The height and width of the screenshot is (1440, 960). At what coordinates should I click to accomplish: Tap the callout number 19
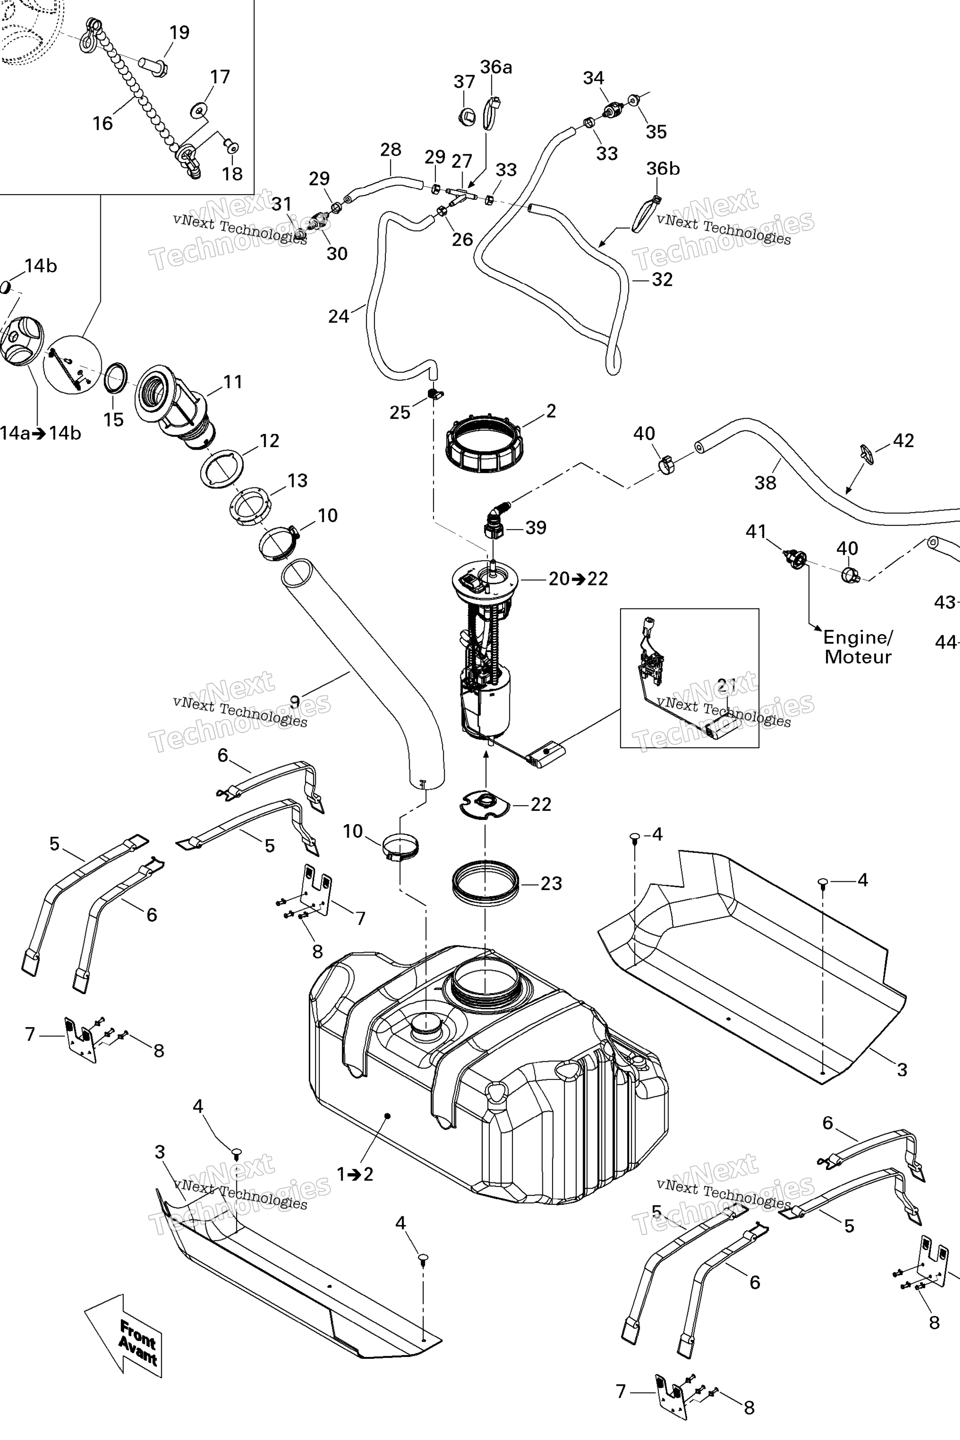point(180,32)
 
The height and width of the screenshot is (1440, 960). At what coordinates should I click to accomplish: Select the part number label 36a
point(496,67)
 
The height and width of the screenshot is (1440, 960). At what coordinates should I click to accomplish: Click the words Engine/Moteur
point(858,647)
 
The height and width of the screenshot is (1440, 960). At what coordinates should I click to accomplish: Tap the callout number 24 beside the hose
point(338,316)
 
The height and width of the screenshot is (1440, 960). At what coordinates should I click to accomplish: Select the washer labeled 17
point(199,110)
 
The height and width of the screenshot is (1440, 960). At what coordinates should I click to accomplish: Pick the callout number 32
point(662,280)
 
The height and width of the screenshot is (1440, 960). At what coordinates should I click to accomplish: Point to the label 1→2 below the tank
point(355,1174)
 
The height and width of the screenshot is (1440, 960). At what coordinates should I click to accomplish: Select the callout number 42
point(904,441)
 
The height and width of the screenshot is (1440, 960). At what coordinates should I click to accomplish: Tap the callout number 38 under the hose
point(765,483)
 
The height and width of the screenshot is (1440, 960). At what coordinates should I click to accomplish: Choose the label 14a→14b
point(40,434)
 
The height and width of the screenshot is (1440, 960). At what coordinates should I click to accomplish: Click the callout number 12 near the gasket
point(270,441)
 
